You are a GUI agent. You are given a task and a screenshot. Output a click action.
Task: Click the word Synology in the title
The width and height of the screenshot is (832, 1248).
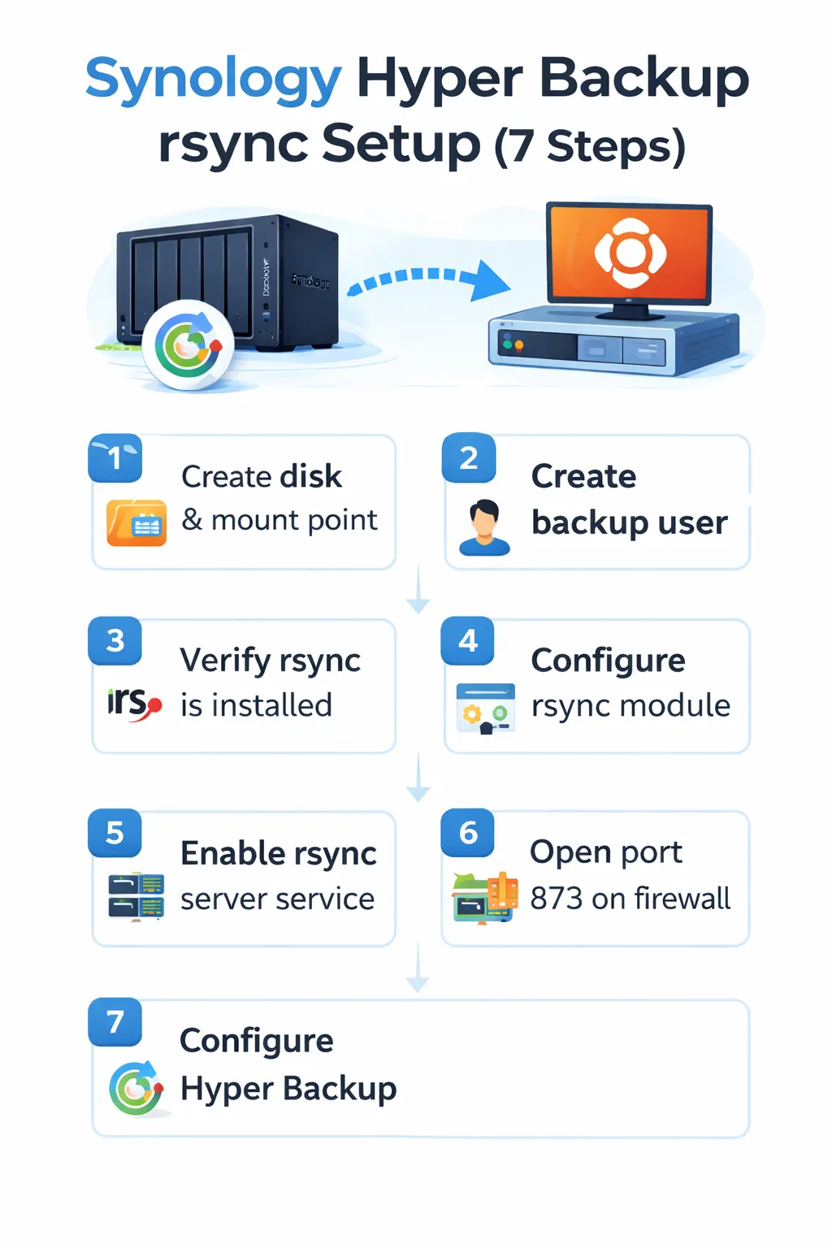[x=213, y=80]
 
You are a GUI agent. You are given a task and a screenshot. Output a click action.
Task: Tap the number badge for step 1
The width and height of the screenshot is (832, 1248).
[x=115, y=458]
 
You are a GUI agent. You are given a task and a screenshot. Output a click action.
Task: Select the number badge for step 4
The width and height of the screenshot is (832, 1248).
[x=468, y=641]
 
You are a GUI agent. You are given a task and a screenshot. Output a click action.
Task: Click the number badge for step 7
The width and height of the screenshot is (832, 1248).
[x=115, y=1021]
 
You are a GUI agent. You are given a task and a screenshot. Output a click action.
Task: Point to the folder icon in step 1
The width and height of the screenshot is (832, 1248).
[x=136, y=522]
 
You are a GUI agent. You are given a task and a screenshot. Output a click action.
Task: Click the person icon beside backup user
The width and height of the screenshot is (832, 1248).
[x=484, y=527]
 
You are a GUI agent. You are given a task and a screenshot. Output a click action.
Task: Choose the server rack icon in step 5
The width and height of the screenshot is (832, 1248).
[x=136, y=896]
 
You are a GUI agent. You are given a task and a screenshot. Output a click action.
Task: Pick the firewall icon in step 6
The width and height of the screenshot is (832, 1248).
[x=485, y=898]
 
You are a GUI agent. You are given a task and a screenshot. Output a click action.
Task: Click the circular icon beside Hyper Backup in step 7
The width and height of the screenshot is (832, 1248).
[x=136, y=1089]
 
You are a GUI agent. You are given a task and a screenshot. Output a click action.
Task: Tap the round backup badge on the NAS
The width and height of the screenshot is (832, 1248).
[x=188, y=345]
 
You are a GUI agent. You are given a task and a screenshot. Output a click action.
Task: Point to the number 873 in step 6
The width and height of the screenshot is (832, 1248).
[x=557, y=899]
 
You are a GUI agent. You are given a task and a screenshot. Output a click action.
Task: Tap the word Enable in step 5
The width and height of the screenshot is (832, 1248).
[x=232, y=854]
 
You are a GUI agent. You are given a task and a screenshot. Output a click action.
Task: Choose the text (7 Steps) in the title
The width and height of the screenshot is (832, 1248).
[x=590, y=146]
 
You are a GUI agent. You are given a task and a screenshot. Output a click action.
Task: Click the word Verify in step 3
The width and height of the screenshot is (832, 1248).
[x=225, y=661]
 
